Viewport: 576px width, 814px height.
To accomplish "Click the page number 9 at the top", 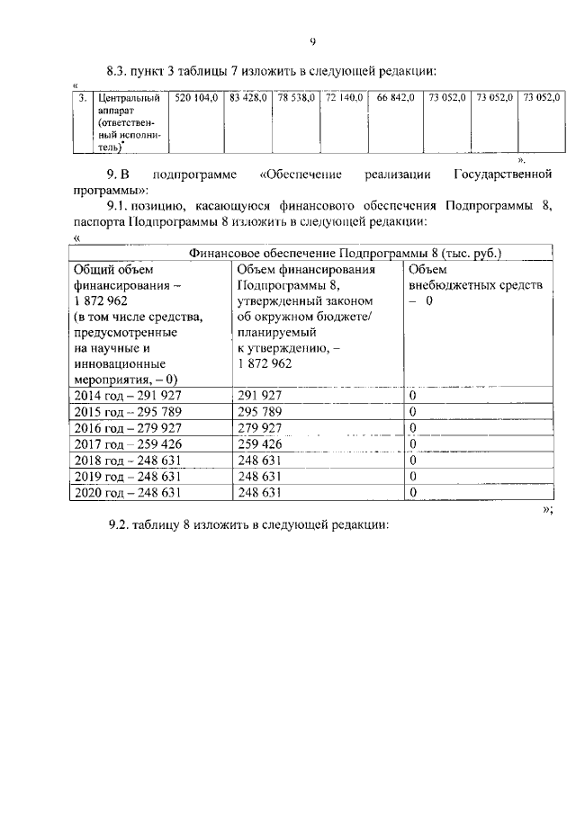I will [x=311, y=40].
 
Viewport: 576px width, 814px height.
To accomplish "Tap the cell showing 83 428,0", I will [x=248, y=96].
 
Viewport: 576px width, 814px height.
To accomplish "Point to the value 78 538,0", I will [x=297, y=96].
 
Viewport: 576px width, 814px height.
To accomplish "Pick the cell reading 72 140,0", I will [x=344, y=96].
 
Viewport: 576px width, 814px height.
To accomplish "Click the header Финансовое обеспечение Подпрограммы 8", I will [x=345, y=253].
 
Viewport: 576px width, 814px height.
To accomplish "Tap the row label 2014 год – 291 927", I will [x=125, y=395].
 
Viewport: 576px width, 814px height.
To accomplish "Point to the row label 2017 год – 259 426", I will [x=125, y=443].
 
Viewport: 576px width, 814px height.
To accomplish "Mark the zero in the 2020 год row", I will [x=412, y=492].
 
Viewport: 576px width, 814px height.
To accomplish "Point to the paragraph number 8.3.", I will [x=120, y=69].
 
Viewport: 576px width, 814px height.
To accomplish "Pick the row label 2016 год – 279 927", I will [x=125, y=427].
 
